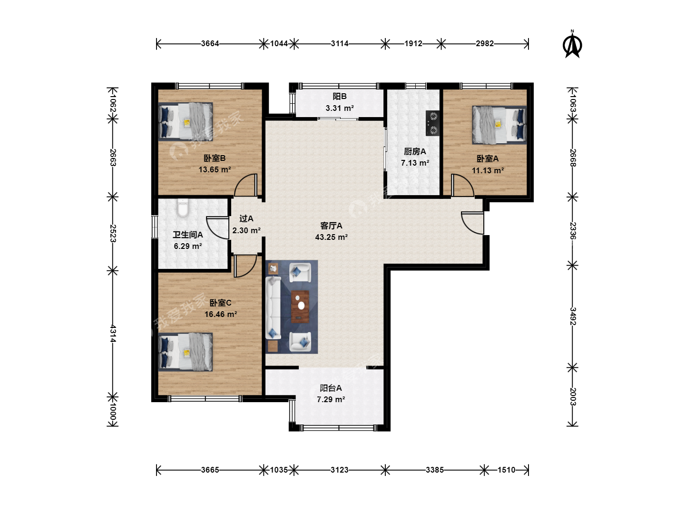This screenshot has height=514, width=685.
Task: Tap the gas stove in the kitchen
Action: click(x=433, y=123)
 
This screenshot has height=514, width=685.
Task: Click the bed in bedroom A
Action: click(x=499, y=125)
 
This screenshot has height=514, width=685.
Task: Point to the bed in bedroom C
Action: click(x=186, y=352)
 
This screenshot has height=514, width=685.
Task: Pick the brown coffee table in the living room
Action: click(x=300, y=306)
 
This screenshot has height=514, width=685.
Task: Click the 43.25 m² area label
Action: click(x=331, y=237)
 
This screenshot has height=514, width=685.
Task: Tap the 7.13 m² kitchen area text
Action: click(x=415, y=163)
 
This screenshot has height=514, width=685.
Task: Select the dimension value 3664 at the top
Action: click(x=210, y=43)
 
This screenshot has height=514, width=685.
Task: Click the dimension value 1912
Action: click(x=413, y=43)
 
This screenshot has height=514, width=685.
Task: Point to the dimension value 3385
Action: click(x=434, y=470)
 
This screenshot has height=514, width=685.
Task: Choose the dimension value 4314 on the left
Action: click(x=113, y=333)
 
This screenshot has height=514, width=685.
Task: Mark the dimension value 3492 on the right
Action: click(x=573, y=316)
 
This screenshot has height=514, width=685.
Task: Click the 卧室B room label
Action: click(x=215, y=158)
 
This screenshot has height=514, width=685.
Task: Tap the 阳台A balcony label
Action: click(x=331, y=388)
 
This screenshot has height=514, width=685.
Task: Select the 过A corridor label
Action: click(x=246, y=218)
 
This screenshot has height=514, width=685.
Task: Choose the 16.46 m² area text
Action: click(x=221, y=314)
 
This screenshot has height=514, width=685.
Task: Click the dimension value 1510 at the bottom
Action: click(x=506, y=470)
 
